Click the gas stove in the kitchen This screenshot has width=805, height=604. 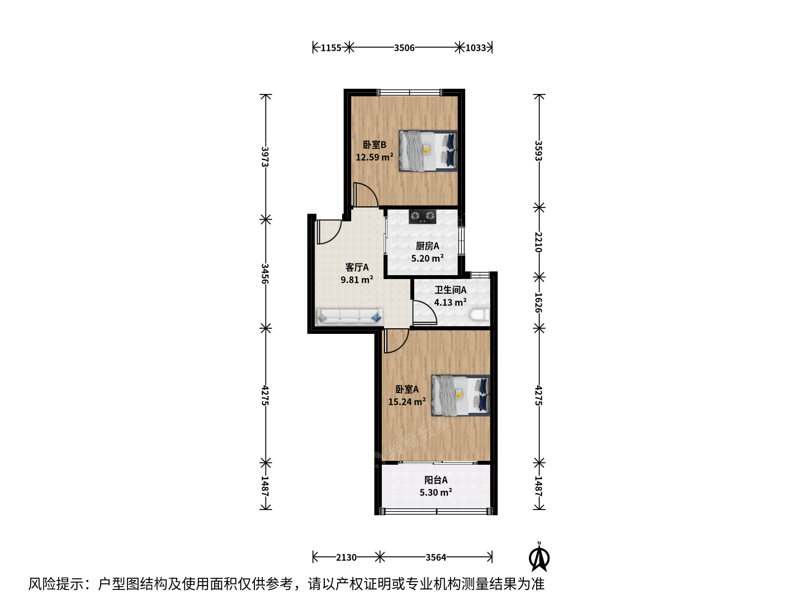[x=423, y=216]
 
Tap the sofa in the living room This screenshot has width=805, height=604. [x=349, y=317]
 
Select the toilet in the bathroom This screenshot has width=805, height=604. [x=480, y=315]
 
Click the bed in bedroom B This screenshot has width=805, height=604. [x=428, y=151]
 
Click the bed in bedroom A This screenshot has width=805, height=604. [x=461, y=395]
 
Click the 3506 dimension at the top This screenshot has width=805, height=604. [x=404, y=48]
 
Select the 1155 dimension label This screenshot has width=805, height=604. [x=331, y=48]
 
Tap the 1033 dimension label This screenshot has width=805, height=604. [x=476, y=48]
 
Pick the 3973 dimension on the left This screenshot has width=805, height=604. [x=265, y=157]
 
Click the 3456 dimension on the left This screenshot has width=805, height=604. [x=265, y=273]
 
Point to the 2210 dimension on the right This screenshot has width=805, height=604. [x=538, y=242]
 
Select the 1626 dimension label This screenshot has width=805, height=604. [x=538, y=302]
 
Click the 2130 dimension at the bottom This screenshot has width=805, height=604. [x=346, y=558]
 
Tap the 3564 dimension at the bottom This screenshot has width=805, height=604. [x=435, y=558]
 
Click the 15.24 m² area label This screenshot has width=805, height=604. [x=407, y=402]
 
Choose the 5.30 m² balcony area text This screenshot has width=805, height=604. [x=435, y=492]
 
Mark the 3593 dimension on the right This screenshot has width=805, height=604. [x=538, y=151]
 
